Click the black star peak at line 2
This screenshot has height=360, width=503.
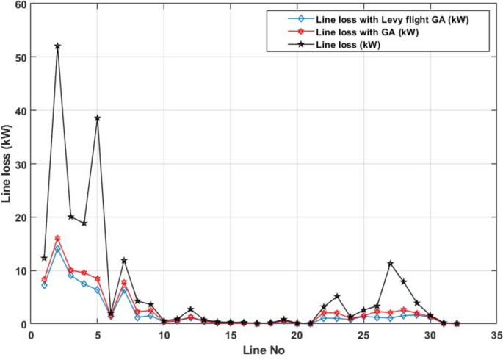click(57, 46)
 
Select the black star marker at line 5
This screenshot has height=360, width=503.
click(97, 118)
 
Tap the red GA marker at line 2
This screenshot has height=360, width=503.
click(57, 238)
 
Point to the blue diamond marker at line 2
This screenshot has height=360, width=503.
click(57, 249)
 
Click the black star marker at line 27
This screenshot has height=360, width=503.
click(390, 264)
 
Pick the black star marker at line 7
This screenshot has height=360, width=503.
click(124, 261)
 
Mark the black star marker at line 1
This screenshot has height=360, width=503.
click(44, 258)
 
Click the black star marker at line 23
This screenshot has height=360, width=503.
click(337, 296)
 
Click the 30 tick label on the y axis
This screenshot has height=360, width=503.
click(20, 164)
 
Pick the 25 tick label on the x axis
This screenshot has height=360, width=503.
click(363, 335)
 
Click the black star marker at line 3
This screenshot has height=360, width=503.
click(70, 217)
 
